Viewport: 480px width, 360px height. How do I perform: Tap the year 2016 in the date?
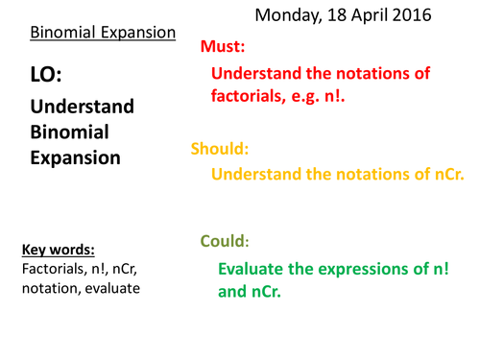pos(409,15)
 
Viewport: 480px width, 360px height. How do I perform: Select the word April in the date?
pos(369,15)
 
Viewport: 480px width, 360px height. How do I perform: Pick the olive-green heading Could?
pos(224,241)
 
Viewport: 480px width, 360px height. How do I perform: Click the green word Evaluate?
pos(253,268)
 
